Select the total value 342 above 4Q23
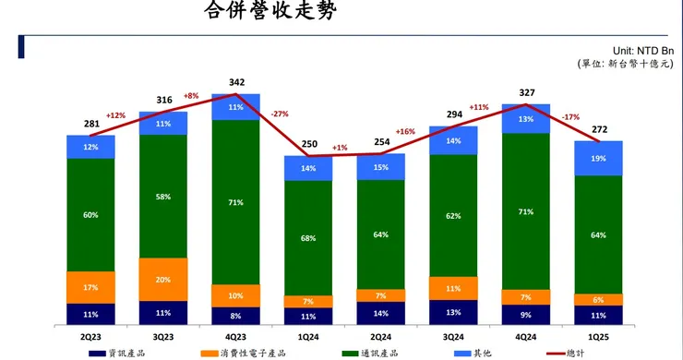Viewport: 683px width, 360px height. tap(236, 83)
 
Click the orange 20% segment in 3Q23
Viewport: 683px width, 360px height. tap(163, 280)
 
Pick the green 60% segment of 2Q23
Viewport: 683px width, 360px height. tap(91, 214)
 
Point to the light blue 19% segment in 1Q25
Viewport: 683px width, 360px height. tap(599, 158)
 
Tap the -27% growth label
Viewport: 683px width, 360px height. tap(281, 114)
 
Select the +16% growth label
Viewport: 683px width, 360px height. tap(406, 132)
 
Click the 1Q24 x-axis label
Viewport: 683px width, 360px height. tap(308, 339)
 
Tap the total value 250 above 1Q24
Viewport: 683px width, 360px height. tap(308, 145)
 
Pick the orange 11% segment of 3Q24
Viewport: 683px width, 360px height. tap(453, 288)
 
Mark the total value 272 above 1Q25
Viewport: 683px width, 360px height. tap(599, 130)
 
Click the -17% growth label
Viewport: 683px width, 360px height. tap(571, 118)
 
